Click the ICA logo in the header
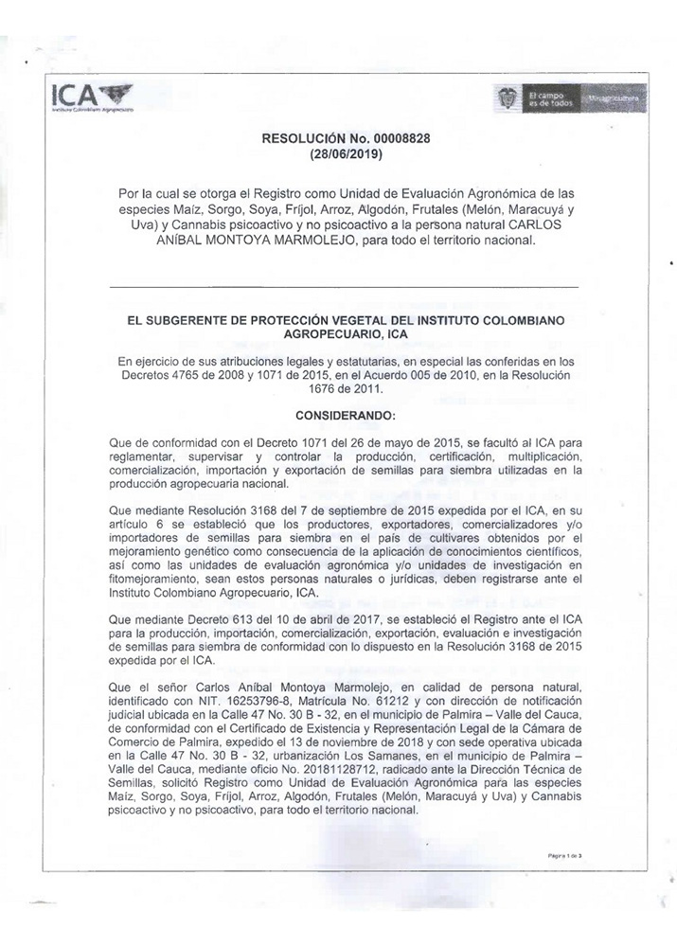click(92, 96)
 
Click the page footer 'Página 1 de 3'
click(564, 854)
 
